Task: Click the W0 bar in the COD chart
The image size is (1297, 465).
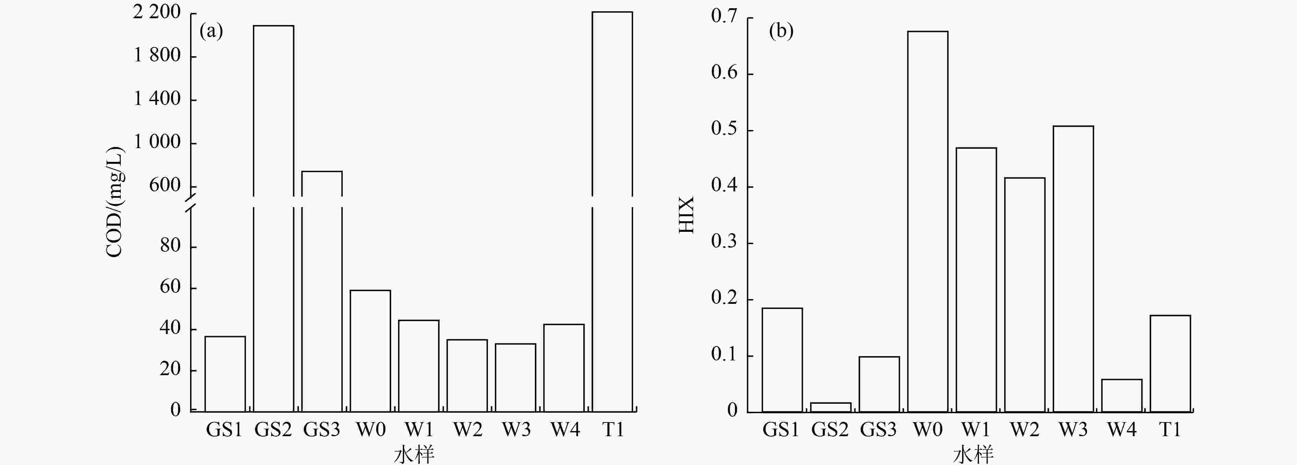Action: tap(370, 351)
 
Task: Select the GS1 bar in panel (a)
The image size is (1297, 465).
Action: tap(225, 374)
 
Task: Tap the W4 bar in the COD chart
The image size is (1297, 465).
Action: tap(564, 368)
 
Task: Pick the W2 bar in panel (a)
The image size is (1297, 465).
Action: tap(467, 375)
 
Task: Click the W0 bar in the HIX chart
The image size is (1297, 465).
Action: tap(927, 222)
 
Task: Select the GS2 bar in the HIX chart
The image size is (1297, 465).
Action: tap(831, 407)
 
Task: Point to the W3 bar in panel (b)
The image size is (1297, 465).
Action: tap(1073, 269)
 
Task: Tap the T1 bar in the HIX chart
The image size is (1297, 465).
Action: tap(1170, 363)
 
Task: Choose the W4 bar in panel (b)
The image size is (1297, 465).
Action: tap(1122, 395)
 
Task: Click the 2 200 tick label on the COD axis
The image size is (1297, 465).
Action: tap(156, 12)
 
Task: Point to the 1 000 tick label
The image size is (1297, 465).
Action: tap(156, 142)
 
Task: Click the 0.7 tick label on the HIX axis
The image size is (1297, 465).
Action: tap(724, 16)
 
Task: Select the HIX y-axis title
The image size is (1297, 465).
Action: tap(686, 215)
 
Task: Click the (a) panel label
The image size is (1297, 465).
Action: tap(211, 31)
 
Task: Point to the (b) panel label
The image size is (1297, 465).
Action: tap(781, 31)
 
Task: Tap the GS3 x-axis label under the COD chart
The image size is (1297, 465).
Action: tap(322, 430)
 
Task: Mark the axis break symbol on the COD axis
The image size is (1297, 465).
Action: tap(190, 201)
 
